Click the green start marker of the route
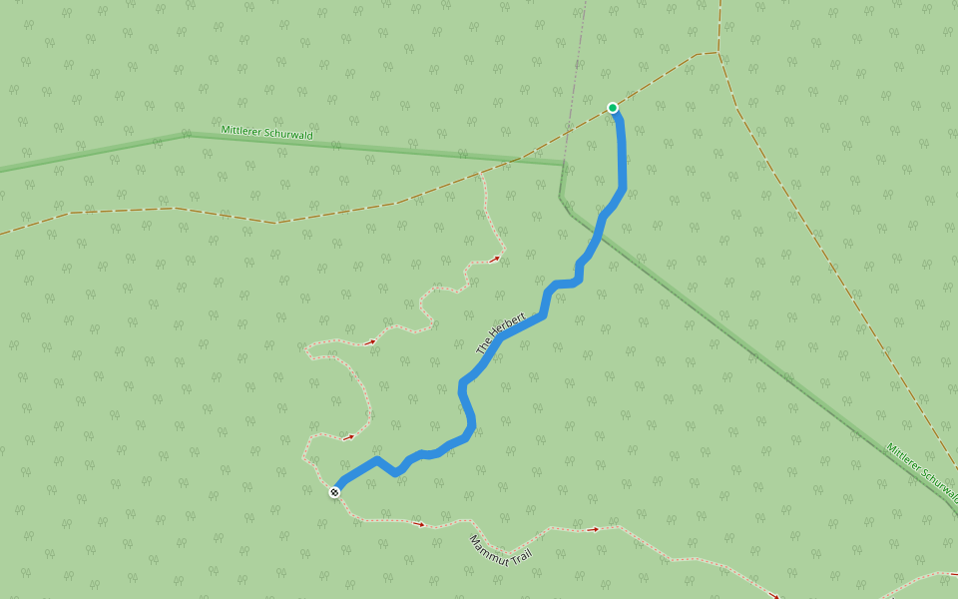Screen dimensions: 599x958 pos(613,108)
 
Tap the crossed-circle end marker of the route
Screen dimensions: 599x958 pos(334,491)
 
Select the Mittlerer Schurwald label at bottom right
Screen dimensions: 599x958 pos(920,468)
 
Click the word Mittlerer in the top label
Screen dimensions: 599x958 pos(239,130)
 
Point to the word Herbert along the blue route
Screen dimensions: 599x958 pos(507,326)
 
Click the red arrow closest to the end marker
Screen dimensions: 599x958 pos(348,437)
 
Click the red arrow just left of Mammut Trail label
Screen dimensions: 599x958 pos(419,523)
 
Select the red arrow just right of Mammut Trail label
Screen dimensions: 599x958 pos(593,529)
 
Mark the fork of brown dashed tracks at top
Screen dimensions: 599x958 pos(718,52)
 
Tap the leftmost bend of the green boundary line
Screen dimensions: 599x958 pos(186,133)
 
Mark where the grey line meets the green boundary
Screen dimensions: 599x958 pos(564,164)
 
